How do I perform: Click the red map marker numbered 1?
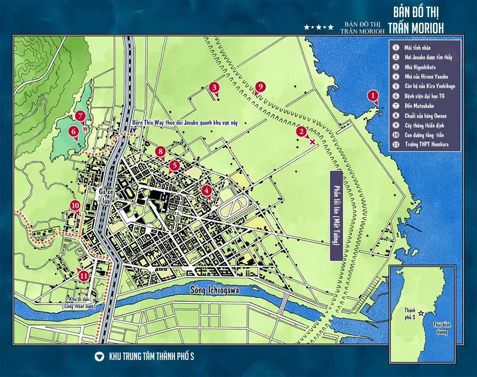[x=374, y=96]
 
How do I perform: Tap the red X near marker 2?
[x=313, y=142]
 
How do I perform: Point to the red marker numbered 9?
[x=259, y=87]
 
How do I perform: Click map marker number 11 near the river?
[x=84, y=275]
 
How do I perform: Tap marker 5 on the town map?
[x=174, y=166]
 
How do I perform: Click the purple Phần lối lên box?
[x=335, y=215]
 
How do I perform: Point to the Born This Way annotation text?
[x=185, y=123]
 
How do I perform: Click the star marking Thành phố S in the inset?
[x=421, y=313]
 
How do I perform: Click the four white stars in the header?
[x=319, y=27]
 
